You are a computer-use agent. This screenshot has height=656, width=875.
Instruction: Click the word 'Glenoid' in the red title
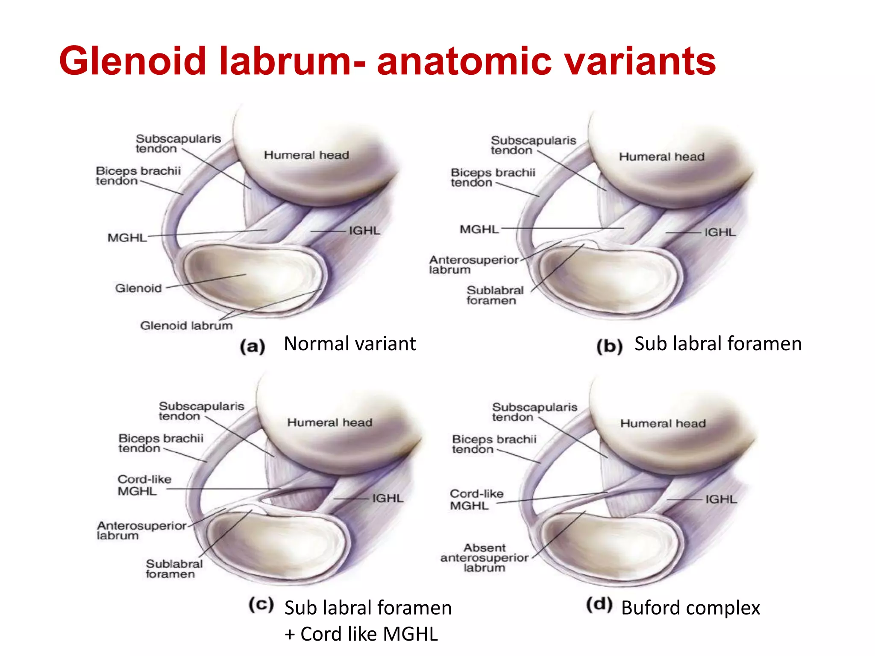[132, 61]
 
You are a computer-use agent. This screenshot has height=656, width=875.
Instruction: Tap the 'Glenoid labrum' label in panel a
[186, 326]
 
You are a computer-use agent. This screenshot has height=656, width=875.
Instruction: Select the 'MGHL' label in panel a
[127, 238]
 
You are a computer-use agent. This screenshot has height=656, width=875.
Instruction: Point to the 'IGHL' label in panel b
[720, 232]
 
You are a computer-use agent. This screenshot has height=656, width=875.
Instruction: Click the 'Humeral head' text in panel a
[306, 155]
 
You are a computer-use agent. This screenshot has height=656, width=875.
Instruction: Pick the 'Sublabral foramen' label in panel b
[494, 296]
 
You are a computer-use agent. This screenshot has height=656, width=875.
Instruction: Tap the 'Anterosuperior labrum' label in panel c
[141, 530]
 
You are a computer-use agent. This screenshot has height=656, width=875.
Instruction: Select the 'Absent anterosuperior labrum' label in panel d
[484, 558]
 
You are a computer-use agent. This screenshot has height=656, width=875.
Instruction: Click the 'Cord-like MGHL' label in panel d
[476, 500]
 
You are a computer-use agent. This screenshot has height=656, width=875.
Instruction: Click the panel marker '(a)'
[253, 346]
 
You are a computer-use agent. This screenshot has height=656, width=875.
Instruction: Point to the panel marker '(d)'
[599, 605]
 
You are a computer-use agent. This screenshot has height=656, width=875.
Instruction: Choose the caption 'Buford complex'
[690, 608]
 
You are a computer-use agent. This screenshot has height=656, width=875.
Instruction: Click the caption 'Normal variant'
[349, 344]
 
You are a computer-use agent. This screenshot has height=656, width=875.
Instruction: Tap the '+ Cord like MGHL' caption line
[361, 634]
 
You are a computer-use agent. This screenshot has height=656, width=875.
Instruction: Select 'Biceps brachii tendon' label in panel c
[161, 443]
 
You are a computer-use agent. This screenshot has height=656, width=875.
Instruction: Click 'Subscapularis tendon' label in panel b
[533, 145]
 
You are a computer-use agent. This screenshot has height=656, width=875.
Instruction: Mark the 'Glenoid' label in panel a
[138, 288]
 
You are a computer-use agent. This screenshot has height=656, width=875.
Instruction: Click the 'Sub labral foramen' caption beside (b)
[718, 344]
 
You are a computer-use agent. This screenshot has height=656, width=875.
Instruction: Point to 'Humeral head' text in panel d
[663, 424]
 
